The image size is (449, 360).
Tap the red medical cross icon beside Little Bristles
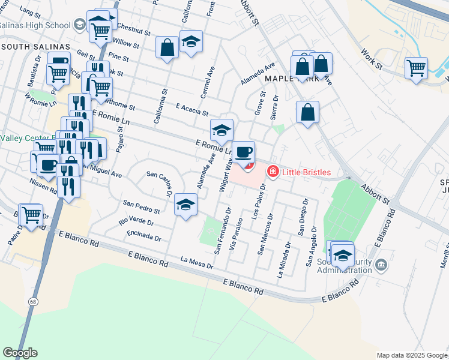pos(273,173)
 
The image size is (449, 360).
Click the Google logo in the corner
pos(20,353)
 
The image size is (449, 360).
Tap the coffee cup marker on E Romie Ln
pos(243,152)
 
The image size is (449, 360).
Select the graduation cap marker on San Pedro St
pos(186,206)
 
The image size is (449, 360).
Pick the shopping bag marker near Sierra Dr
pos(307,112)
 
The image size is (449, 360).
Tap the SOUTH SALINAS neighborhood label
pos(35,47)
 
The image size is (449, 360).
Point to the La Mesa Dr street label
pos(196,260)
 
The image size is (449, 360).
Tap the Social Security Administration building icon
pos(381,265)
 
